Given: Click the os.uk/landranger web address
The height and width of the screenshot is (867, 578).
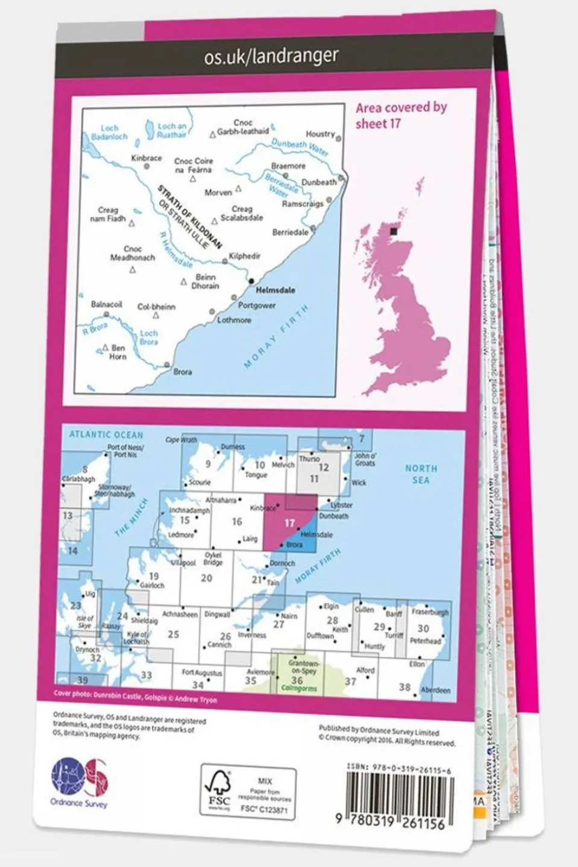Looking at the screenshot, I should (x=271, y=57).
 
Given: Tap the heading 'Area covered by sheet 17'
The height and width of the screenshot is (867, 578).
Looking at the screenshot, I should (x=401, y=115).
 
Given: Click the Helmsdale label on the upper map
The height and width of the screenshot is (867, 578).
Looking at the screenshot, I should (x=275, y=290).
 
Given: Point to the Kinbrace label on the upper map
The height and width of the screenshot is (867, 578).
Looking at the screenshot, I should (x=146, y=158).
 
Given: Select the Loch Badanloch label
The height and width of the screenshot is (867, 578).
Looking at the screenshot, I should (x=109, y=133).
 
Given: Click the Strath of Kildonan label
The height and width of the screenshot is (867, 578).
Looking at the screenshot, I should (x=190, y=217).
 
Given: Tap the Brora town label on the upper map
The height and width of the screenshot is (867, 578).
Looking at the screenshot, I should (x=183, y=372).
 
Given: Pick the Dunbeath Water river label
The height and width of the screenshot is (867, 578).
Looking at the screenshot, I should (x=300, y=146).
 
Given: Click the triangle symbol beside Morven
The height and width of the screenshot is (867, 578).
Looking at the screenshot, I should (x=239, y=189).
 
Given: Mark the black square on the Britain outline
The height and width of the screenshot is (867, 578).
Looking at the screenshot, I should (x=394, y=231).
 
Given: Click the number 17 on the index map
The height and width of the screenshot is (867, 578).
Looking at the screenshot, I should (x=289, y=523).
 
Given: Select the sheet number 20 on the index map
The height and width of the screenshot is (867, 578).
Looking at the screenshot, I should (x=207, y=578).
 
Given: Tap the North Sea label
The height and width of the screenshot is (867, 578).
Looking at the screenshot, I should (x=421, y=474).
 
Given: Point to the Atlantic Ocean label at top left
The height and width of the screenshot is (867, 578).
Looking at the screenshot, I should (x=106, y=434).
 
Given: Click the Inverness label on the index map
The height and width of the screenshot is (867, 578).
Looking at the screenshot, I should (x=252, y=635).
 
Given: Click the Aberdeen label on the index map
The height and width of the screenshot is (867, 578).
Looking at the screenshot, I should (x=435, y=690).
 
